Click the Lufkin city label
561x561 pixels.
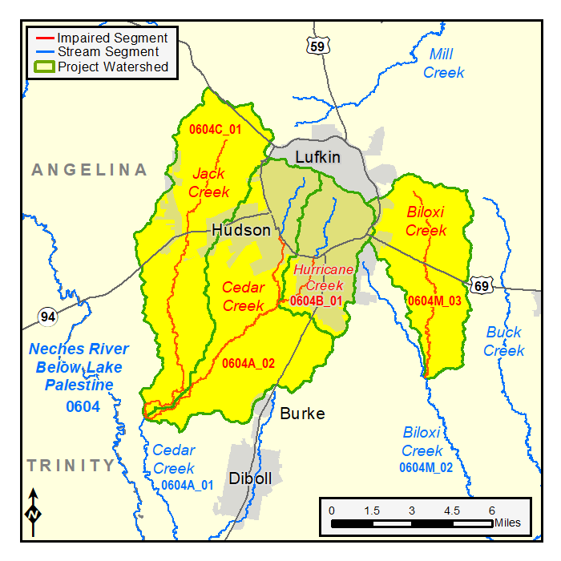[318, 157]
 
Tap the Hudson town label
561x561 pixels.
[241, 231]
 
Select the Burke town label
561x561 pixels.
[302, 414]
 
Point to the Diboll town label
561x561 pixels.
[250, 478]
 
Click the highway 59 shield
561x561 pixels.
[317, 46]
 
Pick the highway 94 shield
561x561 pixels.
[49, 317]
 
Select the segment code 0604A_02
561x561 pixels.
[248, 363]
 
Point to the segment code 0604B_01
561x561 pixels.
[317, 301]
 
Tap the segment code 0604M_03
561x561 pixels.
[434, 301]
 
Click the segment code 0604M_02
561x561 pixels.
[426, 466]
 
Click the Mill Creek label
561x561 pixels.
[442, 63]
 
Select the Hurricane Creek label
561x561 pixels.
[324, 277]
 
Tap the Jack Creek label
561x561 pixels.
[208, 183]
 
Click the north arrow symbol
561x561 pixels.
[33, 512]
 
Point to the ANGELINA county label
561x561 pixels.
[90, 170]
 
